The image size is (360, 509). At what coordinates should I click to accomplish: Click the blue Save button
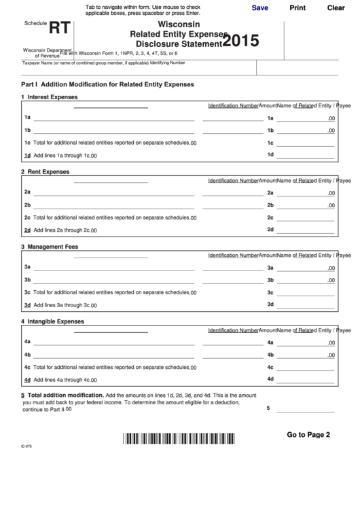coord(259,8)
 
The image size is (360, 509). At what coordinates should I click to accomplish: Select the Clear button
coord(336,8)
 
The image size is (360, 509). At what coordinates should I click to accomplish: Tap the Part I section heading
coord(108,84)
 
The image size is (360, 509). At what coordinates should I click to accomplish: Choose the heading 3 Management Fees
coord(49,247)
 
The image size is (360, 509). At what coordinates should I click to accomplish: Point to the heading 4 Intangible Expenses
coord(52,321)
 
